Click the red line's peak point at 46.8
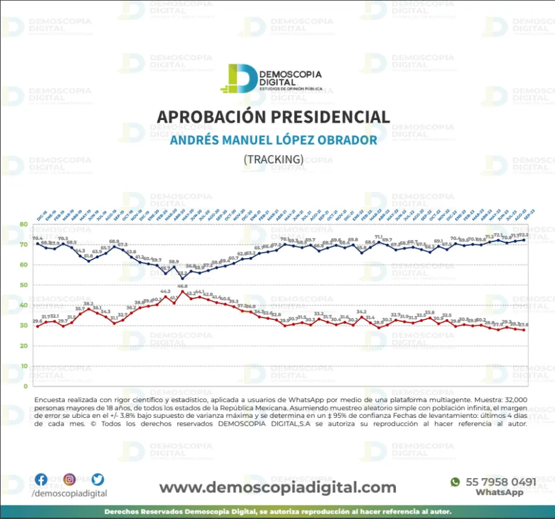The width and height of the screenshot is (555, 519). (x=182, y=291)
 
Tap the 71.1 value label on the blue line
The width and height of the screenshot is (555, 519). (x=379, y=237)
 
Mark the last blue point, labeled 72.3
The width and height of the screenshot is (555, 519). (x=524, y=240)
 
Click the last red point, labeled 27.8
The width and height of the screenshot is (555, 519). (x=524, y=330)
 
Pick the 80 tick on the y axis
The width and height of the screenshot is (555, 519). (x=24, y=224)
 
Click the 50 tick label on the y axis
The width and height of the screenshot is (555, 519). (x=24, y=285)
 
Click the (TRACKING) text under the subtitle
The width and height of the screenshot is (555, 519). (x=273, y=159)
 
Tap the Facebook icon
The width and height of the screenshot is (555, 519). (x=41, y=480)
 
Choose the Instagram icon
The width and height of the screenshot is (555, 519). (x=69, y=480)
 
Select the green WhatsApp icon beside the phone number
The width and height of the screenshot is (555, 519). (x=455, y=482)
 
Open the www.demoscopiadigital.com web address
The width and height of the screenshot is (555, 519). (x=277, y=487)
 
